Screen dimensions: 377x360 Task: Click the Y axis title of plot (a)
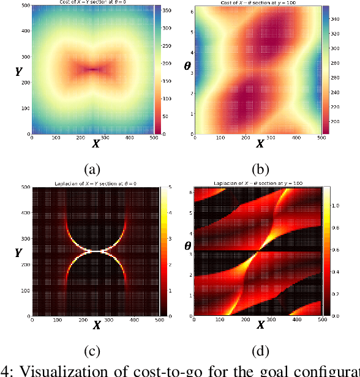tap(18, 72)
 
